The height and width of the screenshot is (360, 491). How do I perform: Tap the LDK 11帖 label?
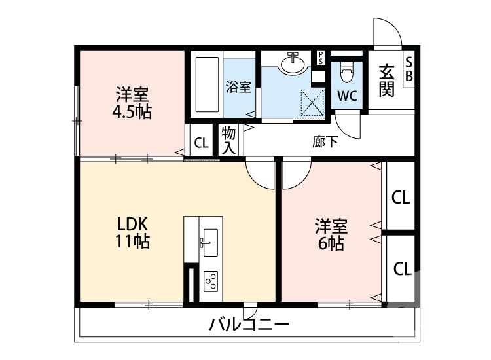[x=133, y=233]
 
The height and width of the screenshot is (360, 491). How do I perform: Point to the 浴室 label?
[x=238, y=87]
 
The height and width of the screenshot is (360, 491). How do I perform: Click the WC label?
[x=347, y=96]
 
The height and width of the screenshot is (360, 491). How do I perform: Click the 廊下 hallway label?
[x=325, y=141]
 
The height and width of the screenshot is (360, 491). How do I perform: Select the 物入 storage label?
[x=228, y=140]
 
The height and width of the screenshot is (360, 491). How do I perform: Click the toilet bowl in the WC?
[x=347, y=70]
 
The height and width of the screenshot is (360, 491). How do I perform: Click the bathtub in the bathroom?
[x=207, y=85]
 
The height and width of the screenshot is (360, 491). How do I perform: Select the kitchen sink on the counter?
[x=211, y=243]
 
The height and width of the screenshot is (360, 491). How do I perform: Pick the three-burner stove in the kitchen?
[x=211, y=281]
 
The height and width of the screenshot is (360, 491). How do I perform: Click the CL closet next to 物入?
[x=201, y=143]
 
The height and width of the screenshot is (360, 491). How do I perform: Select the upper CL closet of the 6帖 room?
[x=400, y=198]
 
